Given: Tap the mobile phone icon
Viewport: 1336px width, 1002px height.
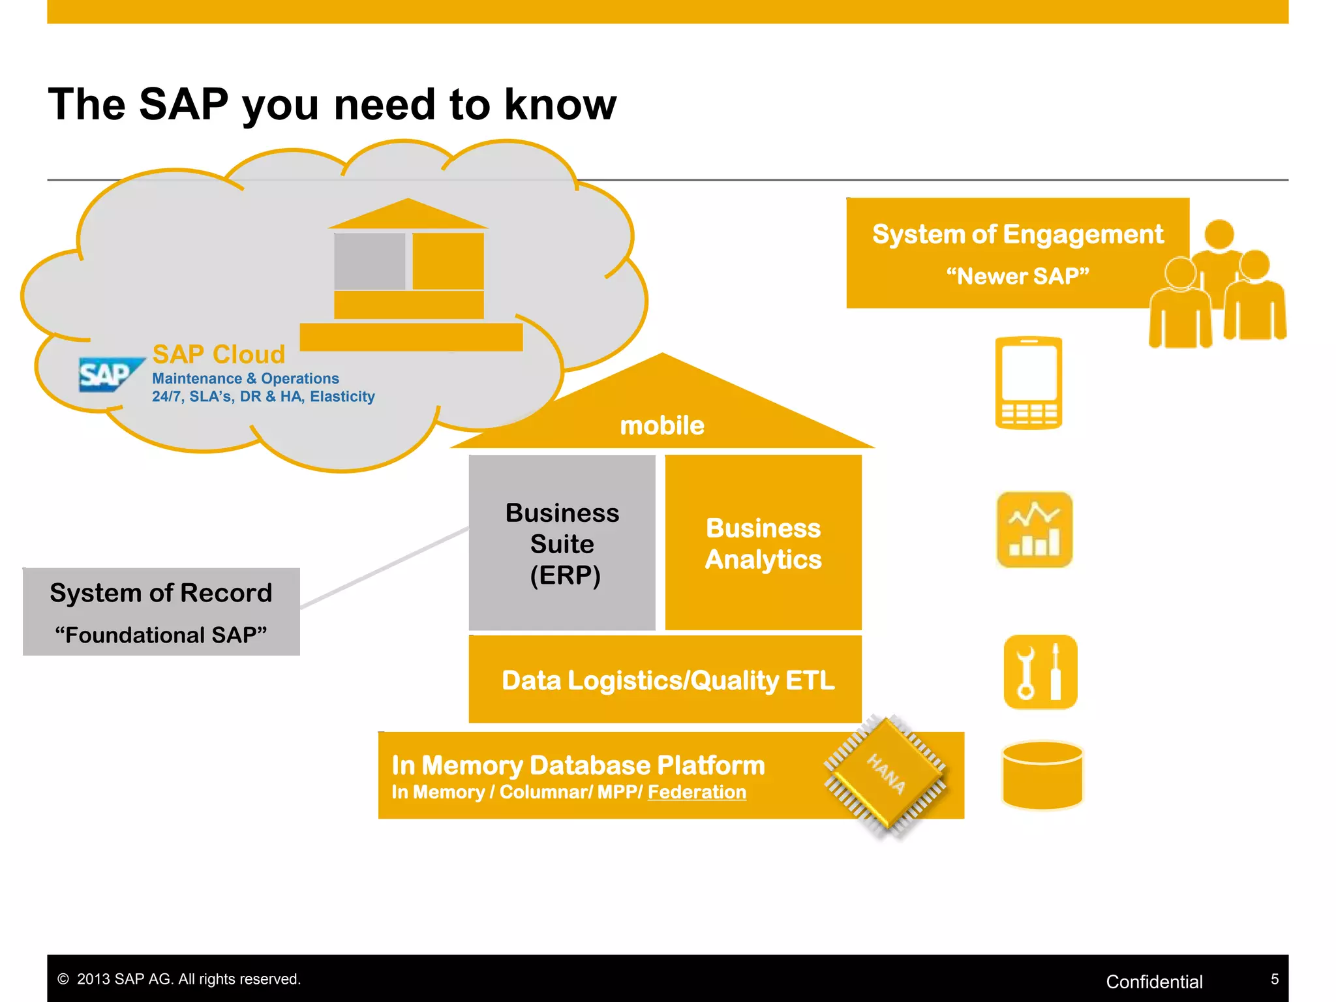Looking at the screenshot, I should (x=1028, y=383).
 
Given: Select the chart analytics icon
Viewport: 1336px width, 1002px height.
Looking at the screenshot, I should (x=1034, y=530).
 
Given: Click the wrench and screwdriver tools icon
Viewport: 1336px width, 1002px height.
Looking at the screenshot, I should (x=1040, y=672).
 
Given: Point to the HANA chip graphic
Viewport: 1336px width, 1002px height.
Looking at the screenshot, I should (x=886, y=775).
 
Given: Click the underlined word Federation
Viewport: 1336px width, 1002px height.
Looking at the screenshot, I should (x=696, y=792).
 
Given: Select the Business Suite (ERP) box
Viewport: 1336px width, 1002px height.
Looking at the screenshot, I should (x=562, y=543).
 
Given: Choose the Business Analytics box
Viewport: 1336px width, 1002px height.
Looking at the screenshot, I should (x=763, y=543).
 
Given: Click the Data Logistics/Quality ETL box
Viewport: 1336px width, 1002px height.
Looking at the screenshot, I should (x=665, y=680).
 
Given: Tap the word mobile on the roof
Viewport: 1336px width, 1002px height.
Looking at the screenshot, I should (x=661, y=425).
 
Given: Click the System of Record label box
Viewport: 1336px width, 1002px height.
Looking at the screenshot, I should (x=161, y=611).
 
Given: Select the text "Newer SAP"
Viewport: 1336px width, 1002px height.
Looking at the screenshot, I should (x=1018, y=276).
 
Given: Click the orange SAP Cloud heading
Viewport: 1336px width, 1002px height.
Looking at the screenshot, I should (x=219, y=354).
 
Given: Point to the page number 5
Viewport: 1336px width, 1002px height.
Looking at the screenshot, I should (x=1274, y=979).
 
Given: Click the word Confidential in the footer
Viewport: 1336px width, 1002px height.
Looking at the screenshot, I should (x=1153, y=981).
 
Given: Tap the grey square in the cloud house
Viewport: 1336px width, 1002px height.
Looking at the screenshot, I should (x=370, y=261).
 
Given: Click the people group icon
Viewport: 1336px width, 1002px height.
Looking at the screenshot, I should (x=1217, y=287).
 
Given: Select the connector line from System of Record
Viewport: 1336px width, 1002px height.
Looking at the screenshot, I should (x=385, y=568).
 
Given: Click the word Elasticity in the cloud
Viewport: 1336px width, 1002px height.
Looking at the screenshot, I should (x=342, y=397).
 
